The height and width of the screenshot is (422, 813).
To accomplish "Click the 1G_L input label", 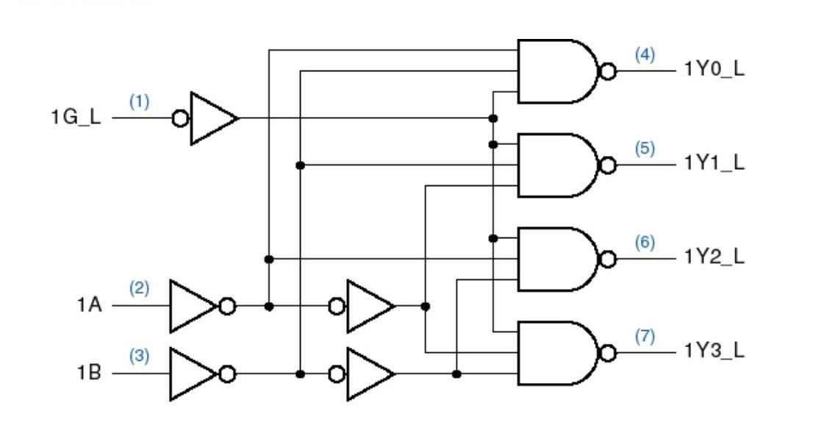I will pos(76,118).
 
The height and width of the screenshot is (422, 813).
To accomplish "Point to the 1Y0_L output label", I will pos(714,70).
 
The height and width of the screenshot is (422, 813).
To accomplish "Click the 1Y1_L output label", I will pos(714,164).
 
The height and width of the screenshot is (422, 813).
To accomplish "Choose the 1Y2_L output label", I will pos(714,258).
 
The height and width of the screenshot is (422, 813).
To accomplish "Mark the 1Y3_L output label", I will pos(714,351).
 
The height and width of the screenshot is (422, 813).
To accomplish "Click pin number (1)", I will pos(139,102).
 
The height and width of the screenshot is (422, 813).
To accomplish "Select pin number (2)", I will pos(139,289).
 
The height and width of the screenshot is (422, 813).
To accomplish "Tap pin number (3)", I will pos(139,357).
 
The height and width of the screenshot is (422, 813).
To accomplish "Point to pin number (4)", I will pos(645,54).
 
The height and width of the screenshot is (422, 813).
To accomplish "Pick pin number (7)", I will pos(645,336).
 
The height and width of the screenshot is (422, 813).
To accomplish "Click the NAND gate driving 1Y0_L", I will pos(556,71).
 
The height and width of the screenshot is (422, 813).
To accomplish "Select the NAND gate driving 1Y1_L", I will pos(556,165).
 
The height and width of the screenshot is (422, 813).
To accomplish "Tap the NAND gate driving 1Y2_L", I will pos(556,259).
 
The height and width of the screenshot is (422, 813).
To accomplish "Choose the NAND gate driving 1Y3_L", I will pos(556,353).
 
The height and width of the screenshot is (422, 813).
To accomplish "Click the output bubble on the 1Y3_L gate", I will pos(608,353).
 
